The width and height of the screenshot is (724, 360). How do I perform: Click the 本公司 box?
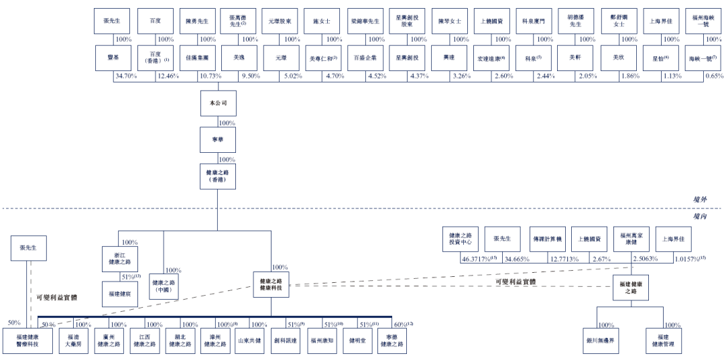pos(219,103)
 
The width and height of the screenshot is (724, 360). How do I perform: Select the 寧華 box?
pos(219,139)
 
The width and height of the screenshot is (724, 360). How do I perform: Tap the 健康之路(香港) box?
pos(219,176)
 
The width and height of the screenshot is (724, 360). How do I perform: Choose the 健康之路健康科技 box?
pos(271,285)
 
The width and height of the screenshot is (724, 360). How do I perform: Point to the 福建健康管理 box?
pos(663,341)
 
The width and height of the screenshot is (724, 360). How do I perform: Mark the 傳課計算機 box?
pos(548,238)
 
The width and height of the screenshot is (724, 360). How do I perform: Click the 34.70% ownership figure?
pos(126,76)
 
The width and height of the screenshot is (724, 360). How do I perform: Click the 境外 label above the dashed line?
pos(701,199)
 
